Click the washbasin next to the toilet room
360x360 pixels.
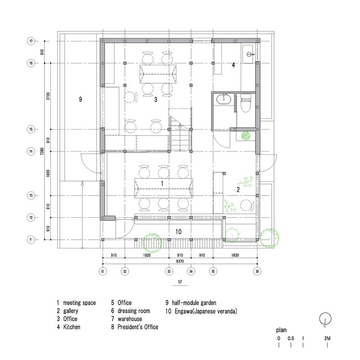point(223,99)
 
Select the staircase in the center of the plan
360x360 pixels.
point(180,133)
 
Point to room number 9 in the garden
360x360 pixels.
point(80,99)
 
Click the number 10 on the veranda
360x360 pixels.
point(178,231)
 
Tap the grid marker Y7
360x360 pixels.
point(31,41)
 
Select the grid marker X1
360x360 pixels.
point(103,272)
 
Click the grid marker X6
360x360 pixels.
point(257,272)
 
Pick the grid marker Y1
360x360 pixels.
point(31,239)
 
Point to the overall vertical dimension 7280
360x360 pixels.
point(42,154)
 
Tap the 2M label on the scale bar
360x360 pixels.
point(327,338)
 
